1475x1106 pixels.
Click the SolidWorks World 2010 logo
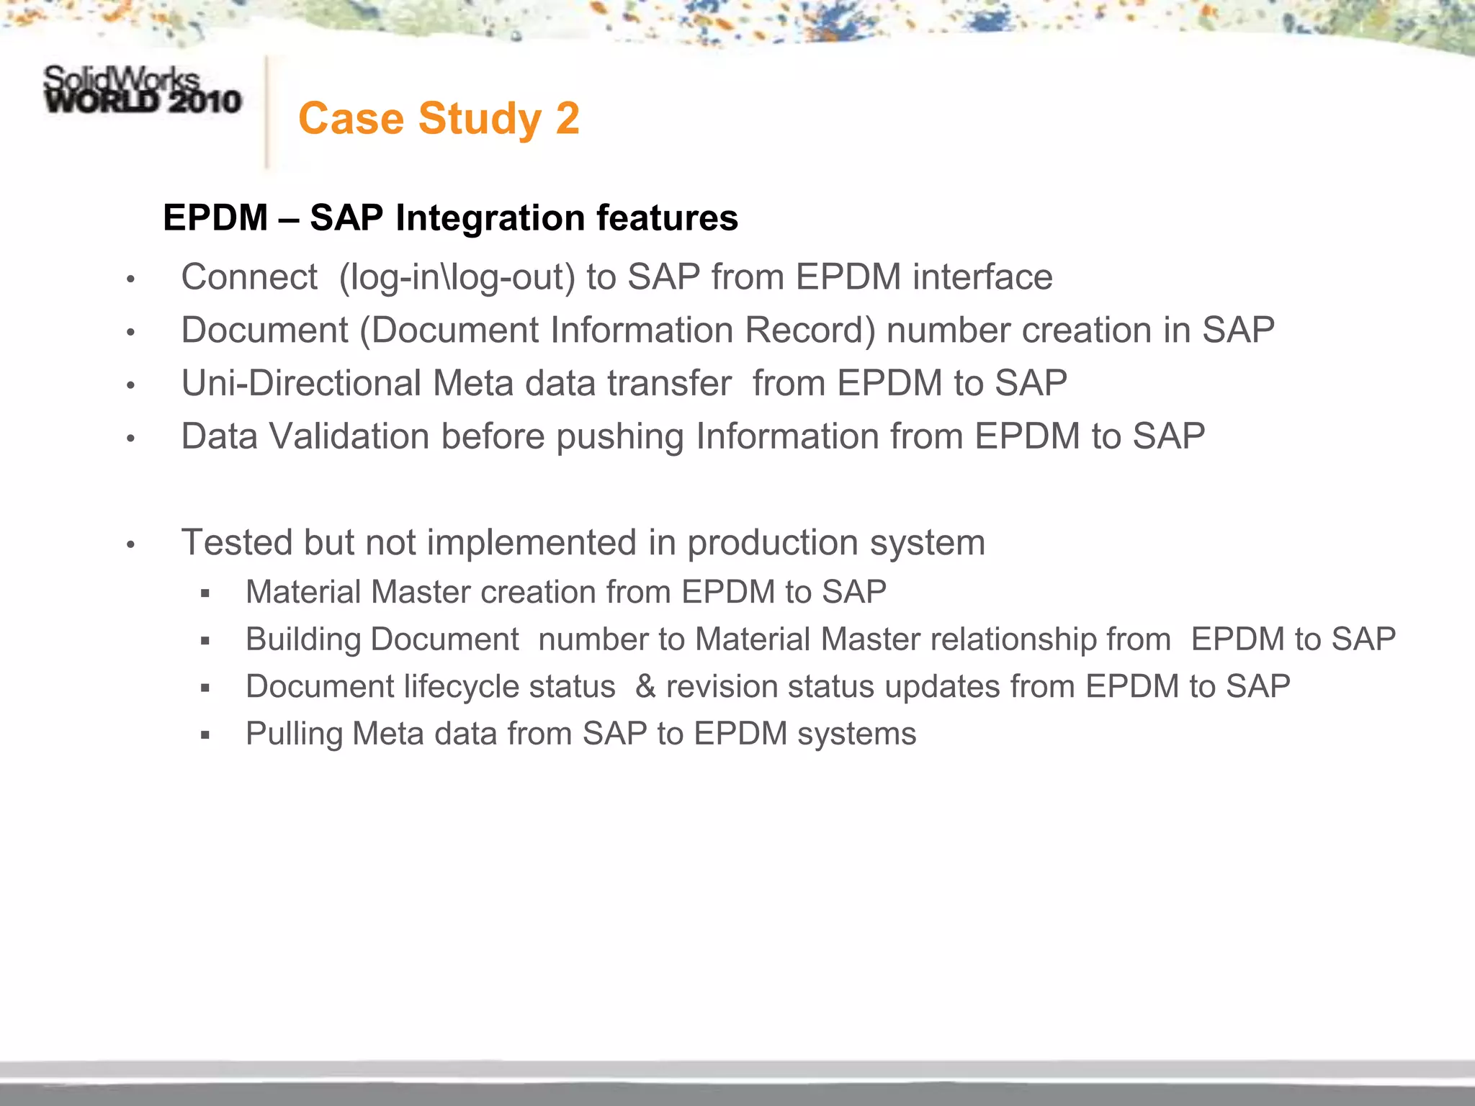coord(142,91)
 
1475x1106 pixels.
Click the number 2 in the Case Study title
coord(567,119)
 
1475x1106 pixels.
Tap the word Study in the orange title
coord(479,119)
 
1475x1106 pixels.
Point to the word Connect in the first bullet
coord(249,277)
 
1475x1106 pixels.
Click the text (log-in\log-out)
coord(457,278)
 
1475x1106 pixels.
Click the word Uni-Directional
coord(301,383)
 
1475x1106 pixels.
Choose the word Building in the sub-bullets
coord(303,640)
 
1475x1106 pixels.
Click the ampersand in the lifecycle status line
coord(645,687)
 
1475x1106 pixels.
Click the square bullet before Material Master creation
coord(205,593)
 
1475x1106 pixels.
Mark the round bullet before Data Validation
coord(130,438)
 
